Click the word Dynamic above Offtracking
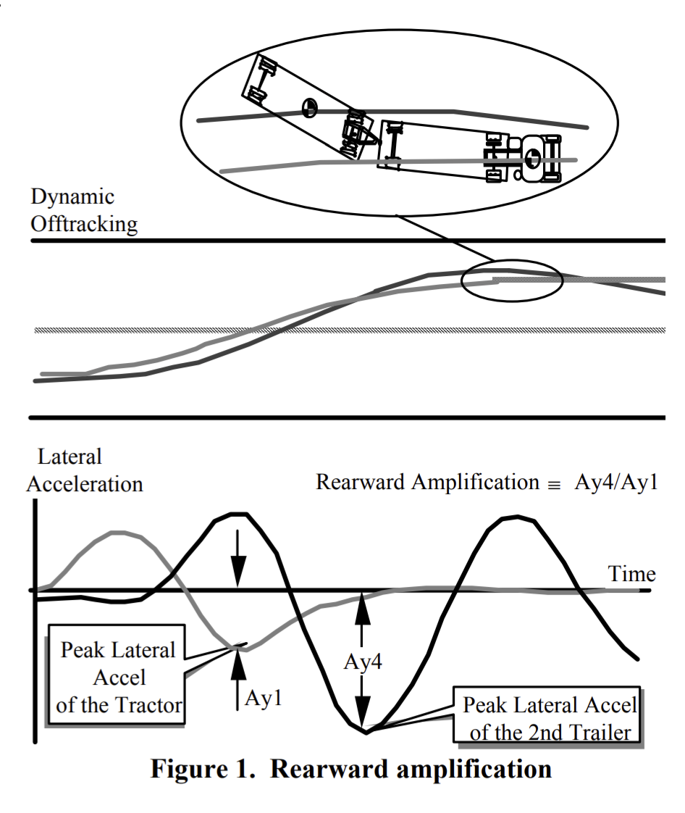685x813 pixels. pyautogui.click(x=72, y=196)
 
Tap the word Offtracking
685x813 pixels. pyautogui.click(x=84, y=224)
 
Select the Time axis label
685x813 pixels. pyautogui.click(x=631, y=575)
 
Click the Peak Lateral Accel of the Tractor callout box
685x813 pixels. pyautogui.click(x=117, y=677)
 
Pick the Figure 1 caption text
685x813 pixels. pyautogui.click(x=350, y=768)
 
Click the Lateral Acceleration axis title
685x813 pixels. pyautogui.click(x=84, y=470)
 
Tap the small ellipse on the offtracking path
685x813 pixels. pyautogui.click(x=512, y=278)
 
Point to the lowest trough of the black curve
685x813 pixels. pyautogui.click(x=366, y=732)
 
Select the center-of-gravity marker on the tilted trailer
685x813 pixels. pyautogui.click(x=309, y=107)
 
